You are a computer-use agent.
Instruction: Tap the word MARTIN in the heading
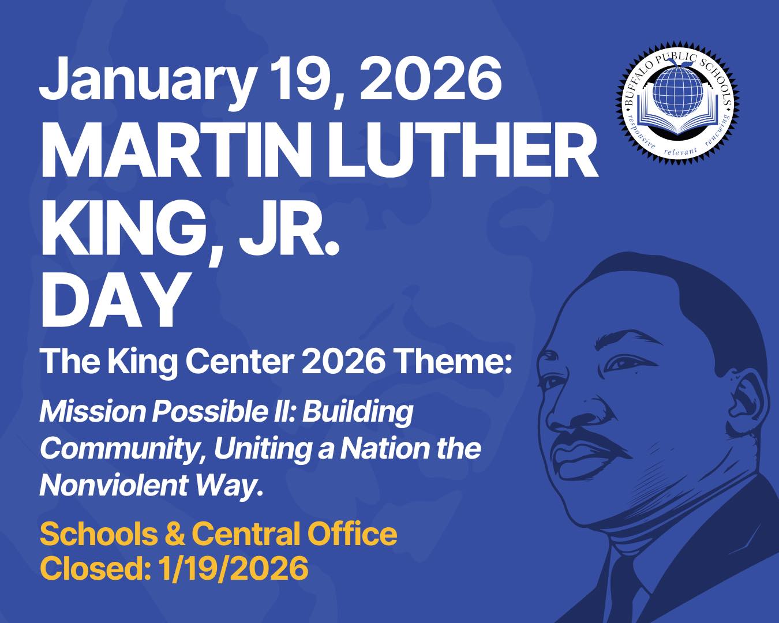[x=171, y=149]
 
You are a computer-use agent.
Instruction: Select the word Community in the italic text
[x=122, y=451]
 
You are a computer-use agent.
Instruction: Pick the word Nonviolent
[x=113, y=485]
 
